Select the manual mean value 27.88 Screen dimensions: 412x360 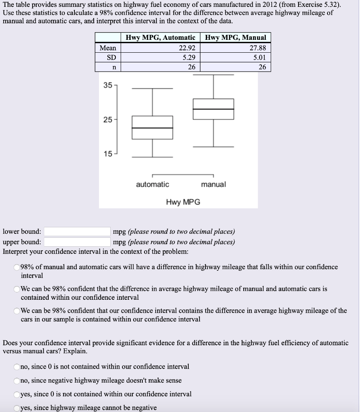point(257,48)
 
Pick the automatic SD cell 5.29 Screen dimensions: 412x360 point(187,58)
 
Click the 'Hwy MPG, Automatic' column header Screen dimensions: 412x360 point(160,37)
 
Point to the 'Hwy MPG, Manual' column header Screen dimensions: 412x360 point(235,37)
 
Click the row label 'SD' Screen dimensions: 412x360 point(111,58)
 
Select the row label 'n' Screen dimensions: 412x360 point(114,67)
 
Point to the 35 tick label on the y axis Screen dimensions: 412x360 point(107,86)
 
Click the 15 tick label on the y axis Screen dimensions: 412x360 point(107,154)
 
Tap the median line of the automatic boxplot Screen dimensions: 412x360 point(152,128)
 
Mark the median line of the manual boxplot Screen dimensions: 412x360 point(213,109)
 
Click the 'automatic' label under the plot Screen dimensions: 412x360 point(152,184)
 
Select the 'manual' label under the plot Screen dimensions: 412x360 point(213,184)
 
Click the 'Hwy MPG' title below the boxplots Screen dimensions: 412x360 point(183,202)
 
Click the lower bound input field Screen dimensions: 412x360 point(77,232)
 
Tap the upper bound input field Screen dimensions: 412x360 point(77,242)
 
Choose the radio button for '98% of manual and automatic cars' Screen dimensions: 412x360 point(16,267)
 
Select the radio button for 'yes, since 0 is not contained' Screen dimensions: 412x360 point(16,394)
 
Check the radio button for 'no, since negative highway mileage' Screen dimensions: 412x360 point(16,381)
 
